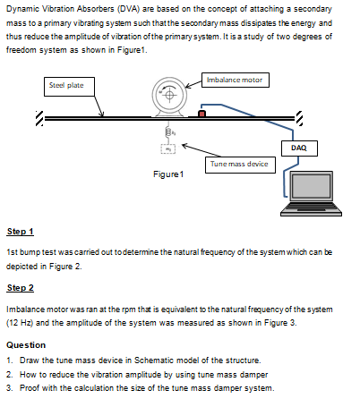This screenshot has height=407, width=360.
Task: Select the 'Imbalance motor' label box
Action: pyautogui.click(x=234, y=81)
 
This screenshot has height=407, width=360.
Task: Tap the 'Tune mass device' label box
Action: pyautogui.click(x=237, y=164)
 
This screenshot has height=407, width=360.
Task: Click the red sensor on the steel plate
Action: pyautogui.click(x=202, y=113)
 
